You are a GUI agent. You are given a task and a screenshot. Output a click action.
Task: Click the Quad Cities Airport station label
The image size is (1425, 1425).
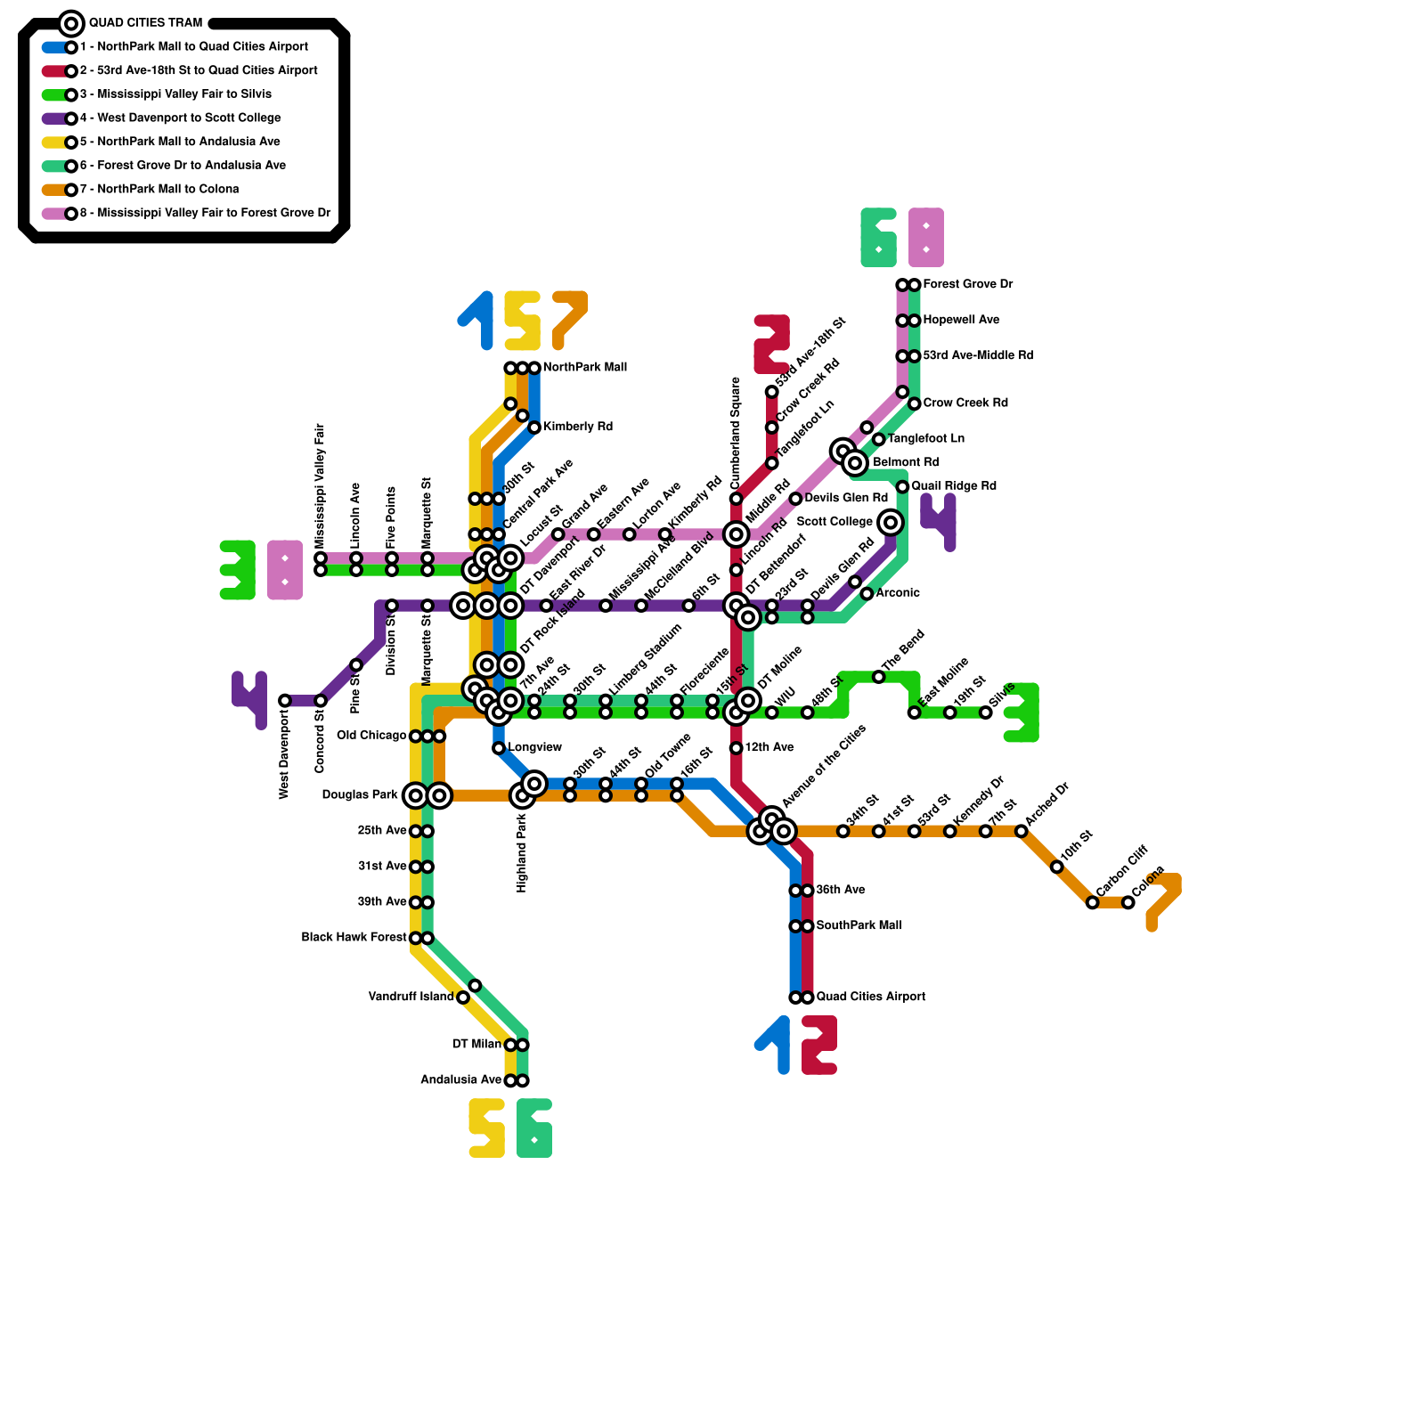click(870, 997)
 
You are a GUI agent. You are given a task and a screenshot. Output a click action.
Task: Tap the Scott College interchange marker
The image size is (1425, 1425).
click(890, 523)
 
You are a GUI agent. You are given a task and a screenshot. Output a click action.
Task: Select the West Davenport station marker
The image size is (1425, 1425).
click(285, 701)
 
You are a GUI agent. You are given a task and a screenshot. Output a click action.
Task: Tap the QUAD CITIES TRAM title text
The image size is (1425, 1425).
click(145, 22)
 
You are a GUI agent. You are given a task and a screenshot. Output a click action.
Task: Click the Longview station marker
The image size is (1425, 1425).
click(499, 748)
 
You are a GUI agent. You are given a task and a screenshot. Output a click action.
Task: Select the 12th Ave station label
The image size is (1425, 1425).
click(769, 747)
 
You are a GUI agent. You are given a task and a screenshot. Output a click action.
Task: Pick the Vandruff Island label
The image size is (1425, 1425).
click(411, 997)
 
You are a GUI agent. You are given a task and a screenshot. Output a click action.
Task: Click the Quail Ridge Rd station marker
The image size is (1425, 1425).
click(902, 487)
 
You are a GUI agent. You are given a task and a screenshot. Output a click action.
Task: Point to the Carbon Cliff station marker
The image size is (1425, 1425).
click(1093, 902)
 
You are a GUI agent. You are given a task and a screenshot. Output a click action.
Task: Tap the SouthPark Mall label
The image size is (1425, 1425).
click(859, 925)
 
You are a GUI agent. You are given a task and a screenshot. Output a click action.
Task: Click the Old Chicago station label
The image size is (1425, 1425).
click(371, 736)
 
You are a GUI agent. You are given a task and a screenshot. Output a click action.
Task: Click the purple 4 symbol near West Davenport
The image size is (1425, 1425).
click(249, 700)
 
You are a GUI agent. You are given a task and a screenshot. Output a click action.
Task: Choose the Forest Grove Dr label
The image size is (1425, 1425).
click(968, 284)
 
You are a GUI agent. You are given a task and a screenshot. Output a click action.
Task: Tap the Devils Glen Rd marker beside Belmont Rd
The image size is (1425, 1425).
click(795, 499)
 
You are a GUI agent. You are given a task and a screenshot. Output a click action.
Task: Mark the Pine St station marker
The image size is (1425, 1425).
click(356, 665)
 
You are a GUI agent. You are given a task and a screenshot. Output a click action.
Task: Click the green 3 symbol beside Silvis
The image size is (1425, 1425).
click(1022, 712)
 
